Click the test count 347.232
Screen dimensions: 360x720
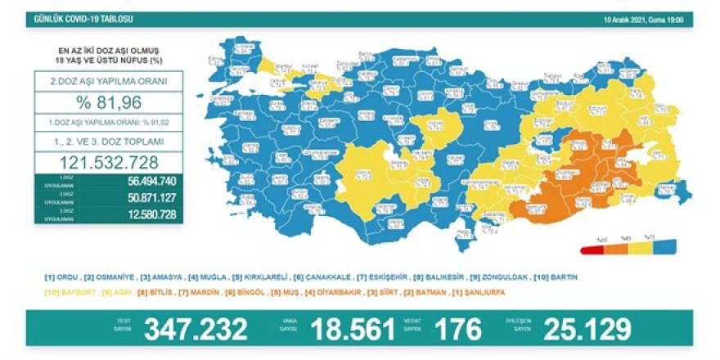196,329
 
